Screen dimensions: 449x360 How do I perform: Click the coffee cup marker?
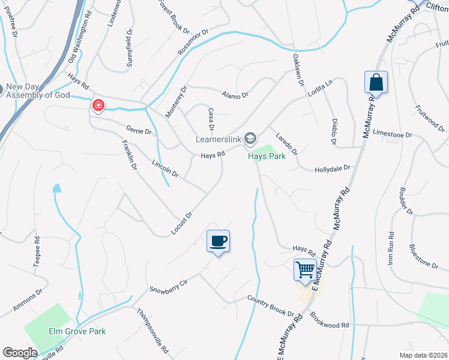tap(218, 241)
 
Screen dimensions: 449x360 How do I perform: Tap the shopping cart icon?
tap(305, 269)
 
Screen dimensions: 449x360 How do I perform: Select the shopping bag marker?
tap(376, 82)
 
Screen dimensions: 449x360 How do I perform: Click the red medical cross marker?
tap(98, 106)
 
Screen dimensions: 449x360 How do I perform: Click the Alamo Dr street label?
tap(235, 93)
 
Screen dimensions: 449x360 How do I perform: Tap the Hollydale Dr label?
tap(332, 170)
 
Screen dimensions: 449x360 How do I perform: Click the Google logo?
tap(20, 353)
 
